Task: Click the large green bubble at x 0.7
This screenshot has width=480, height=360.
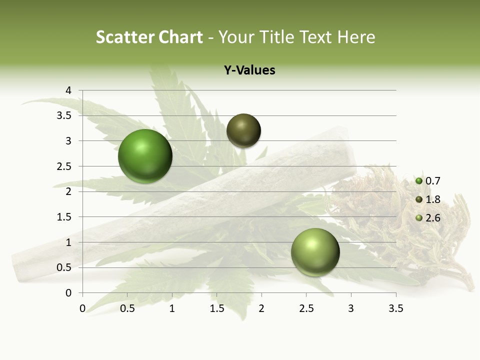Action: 145,156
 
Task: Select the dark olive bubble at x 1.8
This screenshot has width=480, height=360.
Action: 243,130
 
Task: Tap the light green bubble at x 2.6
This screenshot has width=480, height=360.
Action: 315,252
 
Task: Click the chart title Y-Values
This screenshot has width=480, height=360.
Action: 249,70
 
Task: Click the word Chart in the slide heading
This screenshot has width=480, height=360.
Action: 181,37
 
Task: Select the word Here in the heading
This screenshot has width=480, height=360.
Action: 355,37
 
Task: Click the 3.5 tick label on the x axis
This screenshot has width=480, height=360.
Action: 395,308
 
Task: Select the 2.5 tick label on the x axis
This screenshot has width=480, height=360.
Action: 306,308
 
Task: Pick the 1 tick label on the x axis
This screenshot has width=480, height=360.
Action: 172,308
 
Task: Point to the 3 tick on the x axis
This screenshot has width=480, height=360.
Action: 351,308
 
